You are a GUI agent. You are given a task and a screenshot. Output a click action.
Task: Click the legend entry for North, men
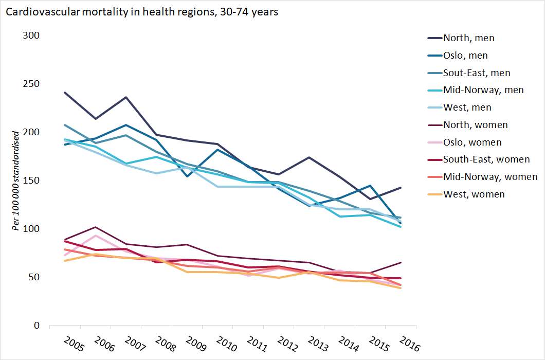(x=468, y=38)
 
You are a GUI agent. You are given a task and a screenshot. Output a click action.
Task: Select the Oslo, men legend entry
(x=465, y=55)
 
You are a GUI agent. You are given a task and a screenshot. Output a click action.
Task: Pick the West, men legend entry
(x=467, y=107)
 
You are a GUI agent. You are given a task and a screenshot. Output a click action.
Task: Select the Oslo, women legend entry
(x=472, y=142)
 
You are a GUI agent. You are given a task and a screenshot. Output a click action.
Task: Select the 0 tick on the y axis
(x=37, y=325)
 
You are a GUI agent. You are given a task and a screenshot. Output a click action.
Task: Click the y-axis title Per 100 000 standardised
(x=16, y=181)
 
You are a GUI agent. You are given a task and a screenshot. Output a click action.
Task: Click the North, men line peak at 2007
(x=126, y=97)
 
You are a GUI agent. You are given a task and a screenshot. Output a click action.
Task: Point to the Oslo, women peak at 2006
(x=95, y=236)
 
